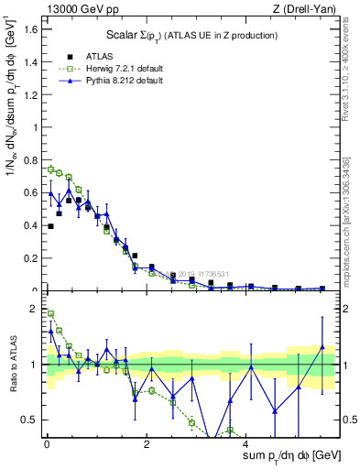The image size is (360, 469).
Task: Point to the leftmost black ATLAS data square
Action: click(x=50, y=226)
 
